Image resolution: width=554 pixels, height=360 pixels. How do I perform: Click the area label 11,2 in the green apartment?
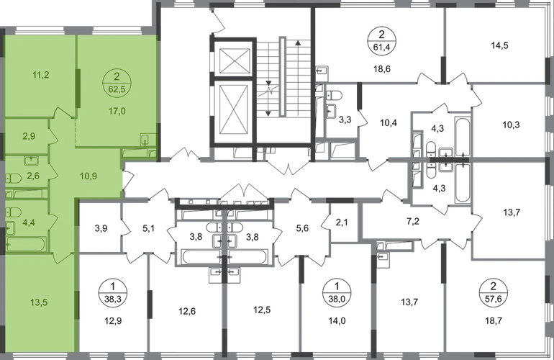click(x=40, y=75)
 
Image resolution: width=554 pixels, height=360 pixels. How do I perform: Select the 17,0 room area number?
click(x=117, y=111)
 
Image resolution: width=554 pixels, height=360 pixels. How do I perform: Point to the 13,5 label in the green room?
click(x=39, y=302)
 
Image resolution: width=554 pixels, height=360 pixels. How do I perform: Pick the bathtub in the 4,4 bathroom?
click(x=26, y=244)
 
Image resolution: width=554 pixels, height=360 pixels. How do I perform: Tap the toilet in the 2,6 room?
click(x=13, y=179)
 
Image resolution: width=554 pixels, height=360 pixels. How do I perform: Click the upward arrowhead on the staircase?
click(x=298, y=43)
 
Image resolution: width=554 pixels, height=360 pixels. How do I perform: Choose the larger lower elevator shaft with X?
click(x=235, y=112)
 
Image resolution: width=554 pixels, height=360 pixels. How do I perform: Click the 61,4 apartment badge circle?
click(x=382, y=40)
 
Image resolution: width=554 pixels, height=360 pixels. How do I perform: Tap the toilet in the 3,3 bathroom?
click(x=333, y=96)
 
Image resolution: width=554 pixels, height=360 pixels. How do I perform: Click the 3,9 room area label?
click(x=101, y=228)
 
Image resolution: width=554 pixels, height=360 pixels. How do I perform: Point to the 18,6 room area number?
click(x=382, y=69)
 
